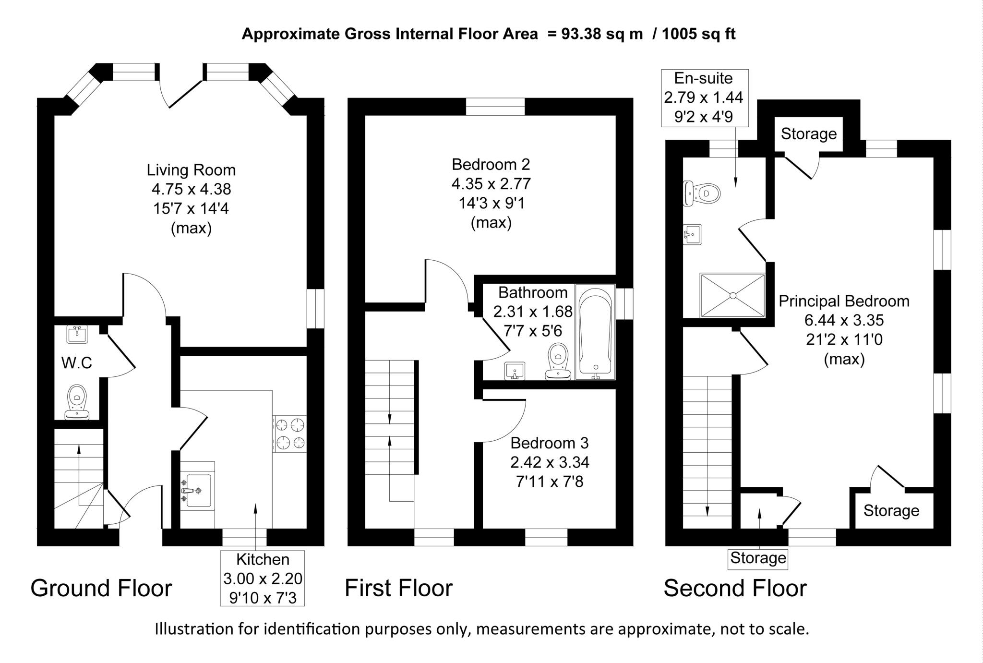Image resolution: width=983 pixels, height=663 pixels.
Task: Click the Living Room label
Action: click(x=191, y=170)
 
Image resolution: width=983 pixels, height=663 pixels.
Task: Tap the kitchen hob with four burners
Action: click(x=290, y=434)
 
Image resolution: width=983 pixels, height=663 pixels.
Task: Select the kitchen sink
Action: click(x=197, y=491)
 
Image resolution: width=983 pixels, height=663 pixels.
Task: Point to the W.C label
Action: click(x=77, y=363)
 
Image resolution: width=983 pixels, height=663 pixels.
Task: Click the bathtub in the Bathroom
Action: click(x=595, y=333)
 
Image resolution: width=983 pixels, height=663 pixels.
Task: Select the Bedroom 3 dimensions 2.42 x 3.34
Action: click(x=550, y=462)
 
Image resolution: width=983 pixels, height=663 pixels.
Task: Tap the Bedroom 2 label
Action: click(x=491, y=165)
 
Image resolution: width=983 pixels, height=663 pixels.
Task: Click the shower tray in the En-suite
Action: click(x=732, y=295)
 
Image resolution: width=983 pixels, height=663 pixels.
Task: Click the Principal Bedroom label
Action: click(x=844, y=301)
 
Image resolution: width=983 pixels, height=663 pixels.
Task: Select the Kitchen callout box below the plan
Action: click(x=263, y=578)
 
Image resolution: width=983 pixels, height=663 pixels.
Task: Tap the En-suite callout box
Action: click(x=704, y=97)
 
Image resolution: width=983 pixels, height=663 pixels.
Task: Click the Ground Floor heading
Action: click(x=101, y=588)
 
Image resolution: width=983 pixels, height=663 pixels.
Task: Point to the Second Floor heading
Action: click(x=735, y=588)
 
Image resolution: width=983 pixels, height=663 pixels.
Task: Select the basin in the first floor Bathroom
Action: click(x=515, y=371)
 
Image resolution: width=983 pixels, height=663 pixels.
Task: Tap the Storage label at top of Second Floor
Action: click(x=809, y=134)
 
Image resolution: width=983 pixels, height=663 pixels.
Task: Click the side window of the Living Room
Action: click(x=315, y=308)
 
